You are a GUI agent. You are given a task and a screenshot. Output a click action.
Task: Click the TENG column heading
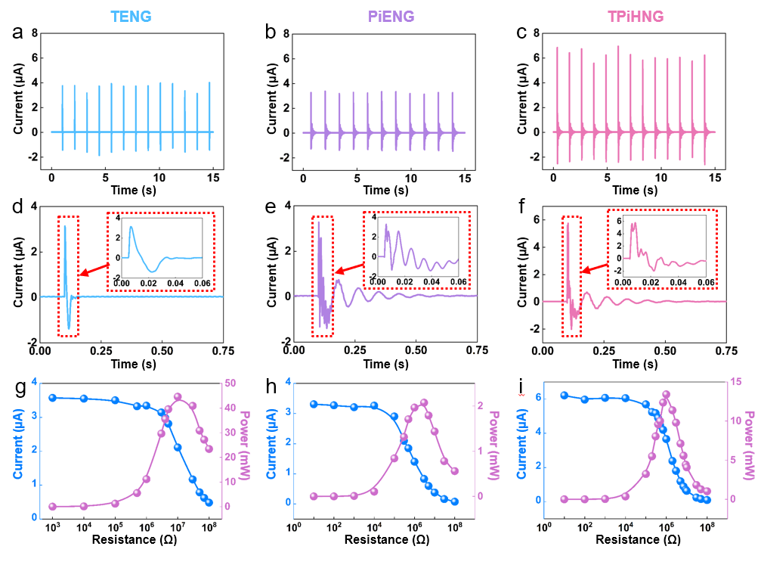(x=131, y=15)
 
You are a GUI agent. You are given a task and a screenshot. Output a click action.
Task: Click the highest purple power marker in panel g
(x=178, y=396)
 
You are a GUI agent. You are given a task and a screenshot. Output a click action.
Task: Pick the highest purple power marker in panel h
(x=424, y=402)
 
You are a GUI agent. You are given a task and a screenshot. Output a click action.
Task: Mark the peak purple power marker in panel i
(x=666, y=394)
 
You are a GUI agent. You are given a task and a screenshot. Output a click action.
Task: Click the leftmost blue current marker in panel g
(x=52, y=398)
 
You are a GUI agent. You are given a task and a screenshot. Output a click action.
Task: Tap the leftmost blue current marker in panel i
(x=564, y=396)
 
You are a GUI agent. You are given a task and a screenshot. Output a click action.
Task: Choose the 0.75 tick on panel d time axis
(x=224, y=352)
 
